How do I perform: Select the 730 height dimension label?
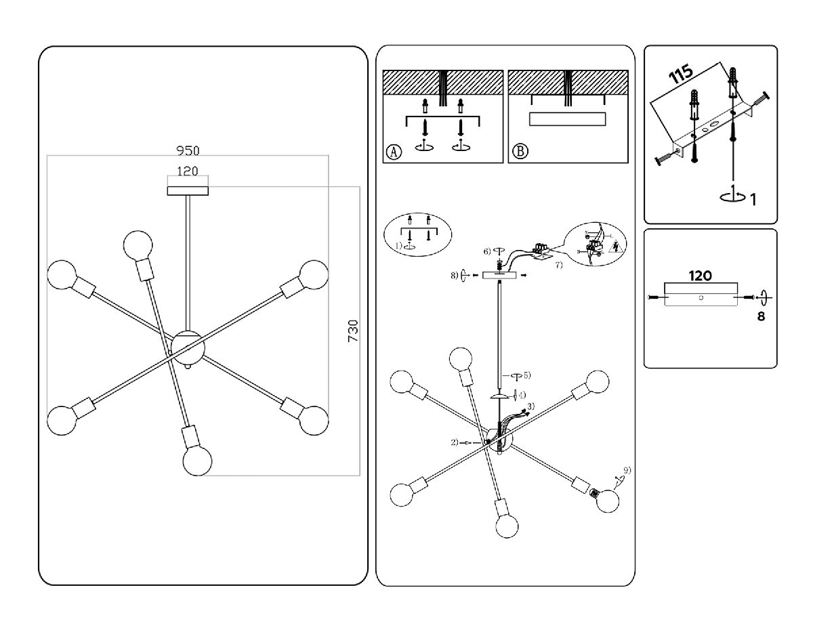click(353, 331)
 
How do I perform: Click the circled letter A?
click(393, 151)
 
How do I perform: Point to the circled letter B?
click(519, 151)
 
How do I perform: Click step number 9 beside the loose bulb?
click(627, 470)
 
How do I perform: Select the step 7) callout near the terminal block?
click(559, 265)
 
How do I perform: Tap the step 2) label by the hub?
click(455, 442)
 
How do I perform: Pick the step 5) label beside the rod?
click(526, 375)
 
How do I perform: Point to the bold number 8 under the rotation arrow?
click(761, 316)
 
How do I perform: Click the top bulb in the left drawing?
click(138, 244)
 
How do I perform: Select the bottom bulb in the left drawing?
click(197, 461)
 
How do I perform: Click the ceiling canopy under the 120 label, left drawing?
click(188, 190)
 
